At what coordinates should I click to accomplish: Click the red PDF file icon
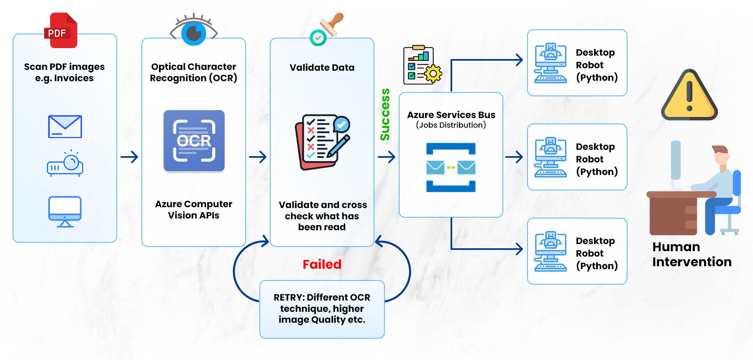coord(61,30)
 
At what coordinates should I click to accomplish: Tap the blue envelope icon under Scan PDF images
coord(65,126)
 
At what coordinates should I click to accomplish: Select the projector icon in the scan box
coord(65,164)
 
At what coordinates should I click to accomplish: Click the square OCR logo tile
coord(194,141)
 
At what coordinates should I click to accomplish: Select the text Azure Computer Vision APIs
coord(194,210)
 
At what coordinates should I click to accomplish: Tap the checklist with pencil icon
coord(323,142)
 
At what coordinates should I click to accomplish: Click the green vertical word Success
coord(385,114)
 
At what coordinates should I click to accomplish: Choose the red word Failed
coord(322,265)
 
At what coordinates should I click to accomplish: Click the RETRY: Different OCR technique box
coord(322,309)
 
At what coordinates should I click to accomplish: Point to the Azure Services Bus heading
coord(451,115)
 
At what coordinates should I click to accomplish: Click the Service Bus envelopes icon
coord(451,167)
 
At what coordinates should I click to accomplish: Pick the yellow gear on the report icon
coord(433,74)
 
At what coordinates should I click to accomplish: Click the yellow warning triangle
coord(689,96)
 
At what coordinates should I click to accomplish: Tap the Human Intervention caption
coord(692,255)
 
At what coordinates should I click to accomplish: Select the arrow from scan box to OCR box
coord(129,157)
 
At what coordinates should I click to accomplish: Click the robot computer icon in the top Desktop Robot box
coord(551,63)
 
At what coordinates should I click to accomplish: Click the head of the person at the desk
coord(721,155)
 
